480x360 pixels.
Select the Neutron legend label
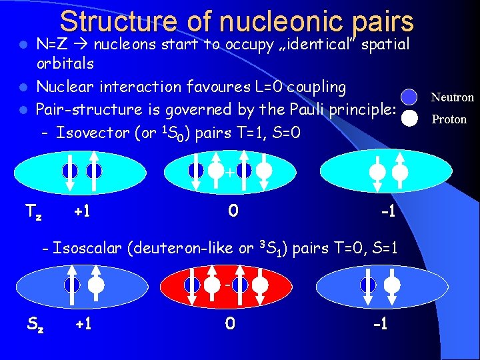[452, 97]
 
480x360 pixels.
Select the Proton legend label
[449, 119]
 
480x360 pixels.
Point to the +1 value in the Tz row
[82, 211]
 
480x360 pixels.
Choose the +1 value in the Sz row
[83, 325]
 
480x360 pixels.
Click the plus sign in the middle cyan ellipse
[229, 173]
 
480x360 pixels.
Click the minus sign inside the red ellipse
[228, 285]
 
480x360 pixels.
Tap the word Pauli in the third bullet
[299, 109]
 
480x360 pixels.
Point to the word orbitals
[65, 64]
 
